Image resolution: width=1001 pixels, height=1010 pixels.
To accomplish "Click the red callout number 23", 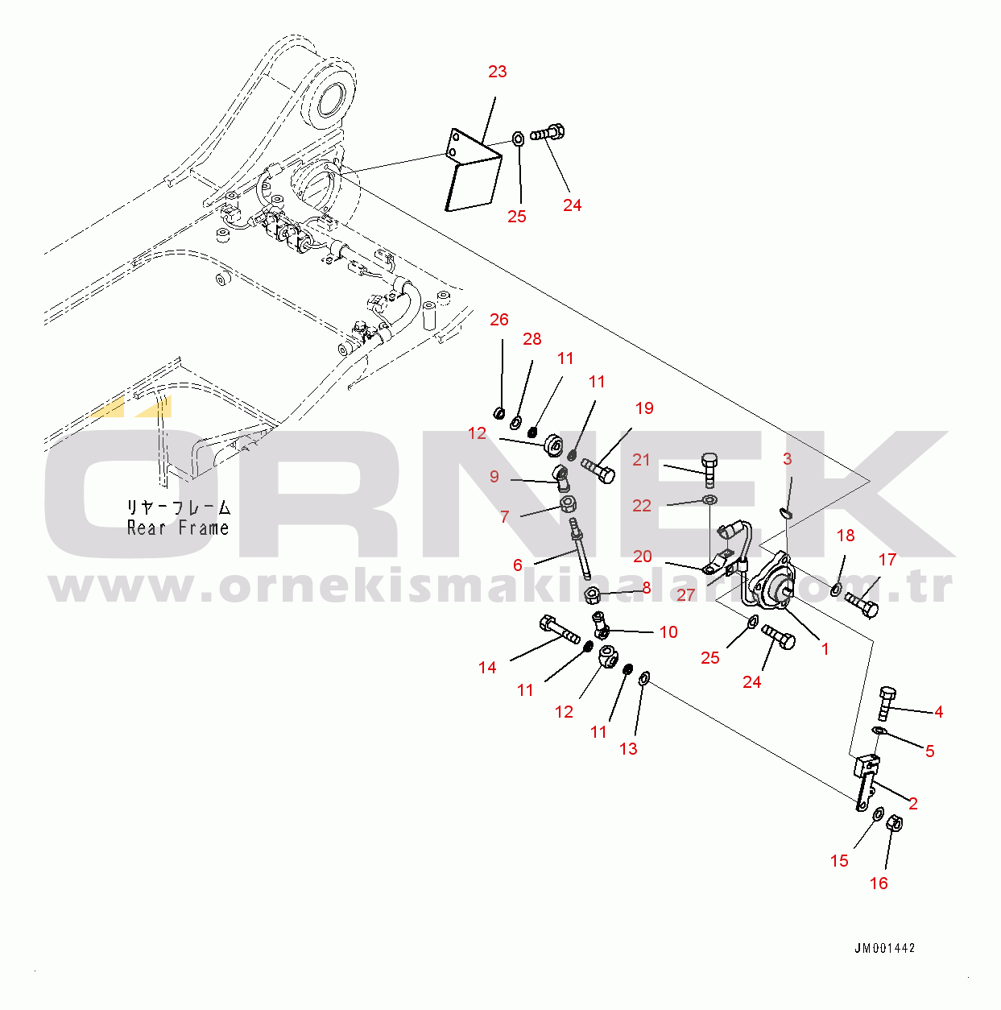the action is coord(498,72).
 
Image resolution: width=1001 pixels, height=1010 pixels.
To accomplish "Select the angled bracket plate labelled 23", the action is coord(473,171).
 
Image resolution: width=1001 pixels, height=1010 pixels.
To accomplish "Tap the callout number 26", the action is coord(499,319).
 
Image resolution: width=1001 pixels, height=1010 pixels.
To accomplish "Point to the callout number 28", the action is coord(532,338).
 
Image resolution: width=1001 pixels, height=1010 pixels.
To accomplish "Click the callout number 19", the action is coord(644,408).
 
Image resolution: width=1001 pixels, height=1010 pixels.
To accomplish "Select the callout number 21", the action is coord(642,460).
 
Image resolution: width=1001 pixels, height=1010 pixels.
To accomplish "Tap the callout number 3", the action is coord(787,459).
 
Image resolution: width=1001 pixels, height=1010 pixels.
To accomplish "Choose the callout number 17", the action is coord(887,560).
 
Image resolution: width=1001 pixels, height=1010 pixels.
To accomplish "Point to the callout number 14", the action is coord(487,667).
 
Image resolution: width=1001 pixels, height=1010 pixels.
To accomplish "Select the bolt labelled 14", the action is coord(560,630).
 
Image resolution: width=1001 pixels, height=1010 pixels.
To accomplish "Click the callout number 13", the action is coord(628,748).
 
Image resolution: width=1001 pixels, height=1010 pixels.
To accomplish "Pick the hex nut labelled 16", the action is coord(894,824).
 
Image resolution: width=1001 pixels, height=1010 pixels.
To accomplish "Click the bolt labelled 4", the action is coord(887,703).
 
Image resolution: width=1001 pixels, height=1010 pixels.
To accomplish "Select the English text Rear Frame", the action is coord(178,528).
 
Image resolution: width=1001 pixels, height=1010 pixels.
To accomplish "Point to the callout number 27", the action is coord(685,594).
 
